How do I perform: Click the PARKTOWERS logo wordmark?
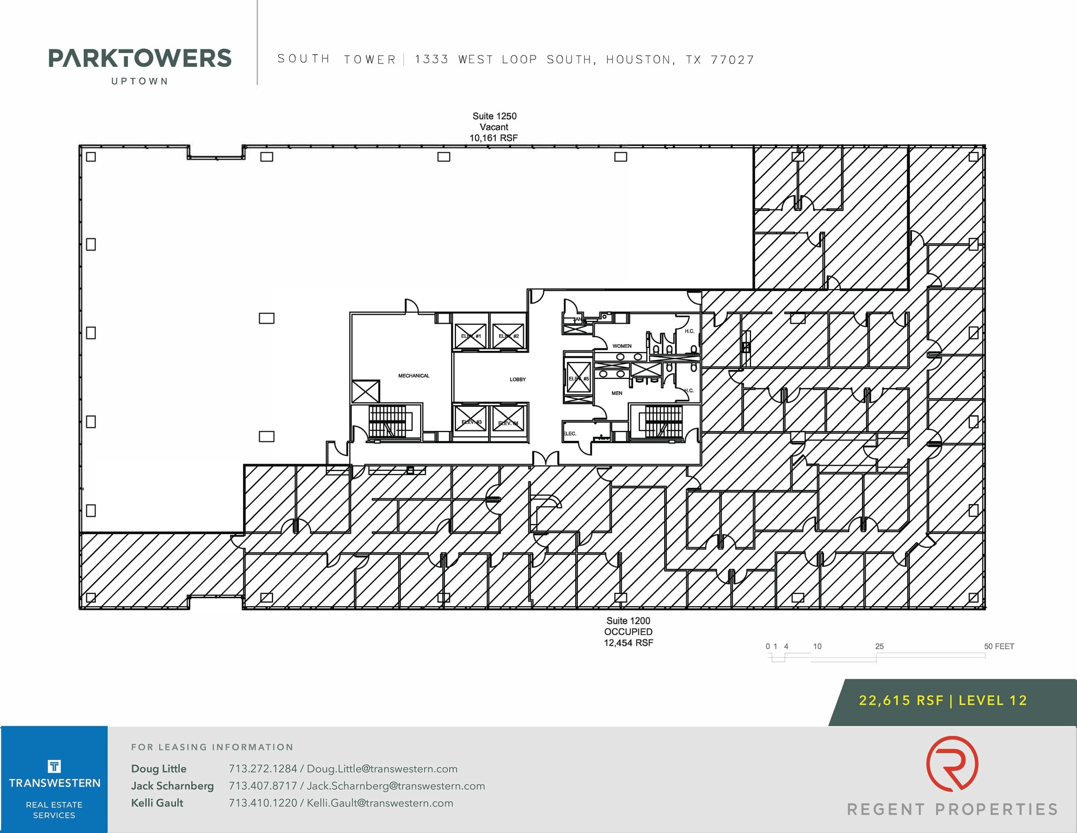(x=140, y=58)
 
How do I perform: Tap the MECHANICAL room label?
(x=413, y=376)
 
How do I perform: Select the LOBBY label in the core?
(x=517, y=379)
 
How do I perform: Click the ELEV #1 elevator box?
(x=471, y=336)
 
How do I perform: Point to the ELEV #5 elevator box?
(x=578, y=378)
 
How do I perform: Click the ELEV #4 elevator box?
(x=508, y=422)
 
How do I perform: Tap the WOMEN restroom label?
(x=622, y=346)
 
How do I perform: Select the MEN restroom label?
(x=617, y=393)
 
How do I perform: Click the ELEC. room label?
(x=570, y=434)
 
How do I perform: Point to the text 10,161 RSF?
(x=493, y=138)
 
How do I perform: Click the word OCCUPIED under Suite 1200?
(x=628, y=632)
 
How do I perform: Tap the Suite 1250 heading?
(x=494, y=116)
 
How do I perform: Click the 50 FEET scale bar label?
(x=999, y=646)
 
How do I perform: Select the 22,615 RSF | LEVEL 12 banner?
(x=942, y=700)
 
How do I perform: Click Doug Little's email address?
(x=382, y=769)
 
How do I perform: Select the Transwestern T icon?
(x=54, y=766)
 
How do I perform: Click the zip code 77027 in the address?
(x=732, y=60)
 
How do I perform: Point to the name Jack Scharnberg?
(x=172, y=786)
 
